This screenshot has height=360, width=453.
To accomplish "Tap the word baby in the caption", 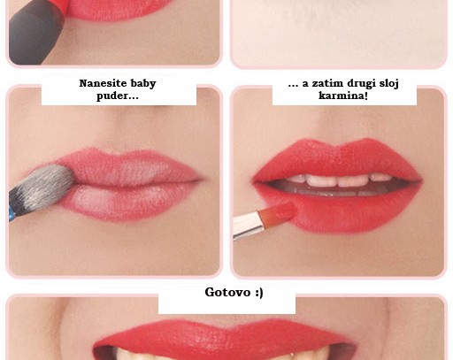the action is [x=143, y=83].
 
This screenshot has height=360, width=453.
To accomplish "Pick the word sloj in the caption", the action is [x=389, y=84].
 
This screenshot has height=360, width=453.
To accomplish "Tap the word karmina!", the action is [x=343, y=96].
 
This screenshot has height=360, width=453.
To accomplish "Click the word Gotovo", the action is [x=227, y=292].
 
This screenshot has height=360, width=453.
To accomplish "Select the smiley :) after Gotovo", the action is [x=258, y=293].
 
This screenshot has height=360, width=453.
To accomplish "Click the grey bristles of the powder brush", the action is [x=44, y=184].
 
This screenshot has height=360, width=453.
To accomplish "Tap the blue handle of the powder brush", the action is [x=11, y=213].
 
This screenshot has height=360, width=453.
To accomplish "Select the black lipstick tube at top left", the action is [x=35, y=34].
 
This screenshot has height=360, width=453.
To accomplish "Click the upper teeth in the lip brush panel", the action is [x=338, y=180].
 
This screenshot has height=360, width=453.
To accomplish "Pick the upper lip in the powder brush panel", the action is [x=130, y=166].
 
